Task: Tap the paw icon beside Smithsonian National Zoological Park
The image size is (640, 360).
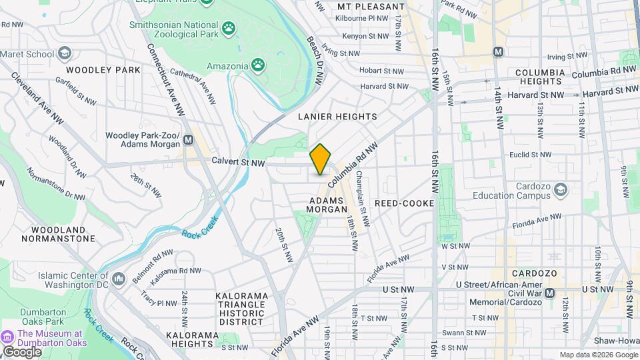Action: [229, 28]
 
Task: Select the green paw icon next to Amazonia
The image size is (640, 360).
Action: [258, 65]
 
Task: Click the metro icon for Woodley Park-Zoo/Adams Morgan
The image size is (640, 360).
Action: [189, 140]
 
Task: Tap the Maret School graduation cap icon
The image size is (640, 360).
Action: [65, 53]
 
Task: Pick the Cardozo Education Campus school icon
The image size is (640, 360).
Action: [561, 190]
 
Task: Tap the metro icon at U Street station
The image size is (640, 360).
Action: [549, 293]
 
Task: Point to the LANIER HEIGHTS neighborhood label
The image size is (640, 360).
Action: [337, 117]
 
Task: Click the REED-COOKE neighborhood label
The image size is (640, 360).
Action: [404, 203]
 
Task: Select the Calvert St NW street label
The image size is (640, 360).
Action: [238, 163]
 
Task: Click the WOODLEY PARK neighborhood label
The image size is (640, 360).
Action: [103, 69]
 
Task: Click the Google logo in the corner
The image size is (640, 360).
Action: [22, 351]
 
